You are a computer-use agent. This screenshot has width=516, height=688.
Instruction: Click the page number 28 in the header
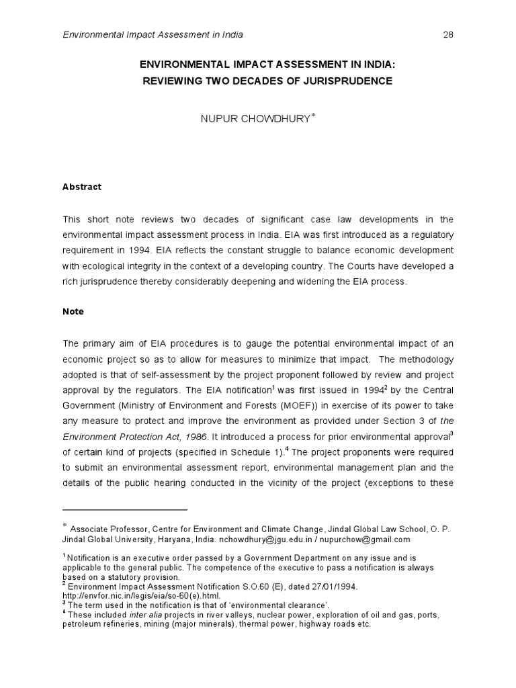(x=447, y=34)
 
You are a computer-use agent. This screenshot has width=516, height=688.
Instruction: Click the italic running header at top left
(x=153, y=34)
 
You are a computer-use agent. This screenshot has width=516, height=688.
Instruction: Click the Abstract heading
(x=82, y=187)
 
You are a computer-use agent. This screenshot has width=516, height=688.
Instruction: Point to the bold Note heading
(x=73, y=312)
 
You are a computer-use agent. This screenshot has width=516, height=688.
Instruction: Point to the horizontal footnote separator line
(x=125, y=510)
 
